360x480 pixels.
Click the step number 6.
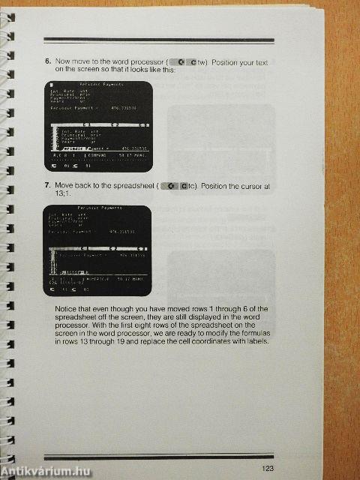[x=47, y=62]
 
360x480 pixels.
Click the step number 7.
[x=47, y=184]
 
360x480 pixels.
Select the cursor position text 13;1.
[x=64, y=193]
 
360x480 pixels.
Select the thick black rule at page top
[x=158, y=40]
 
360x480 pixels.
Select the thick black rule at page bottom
[x=158, y=456]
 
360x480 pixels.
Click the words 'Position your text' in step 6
[x=240, y=62]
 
